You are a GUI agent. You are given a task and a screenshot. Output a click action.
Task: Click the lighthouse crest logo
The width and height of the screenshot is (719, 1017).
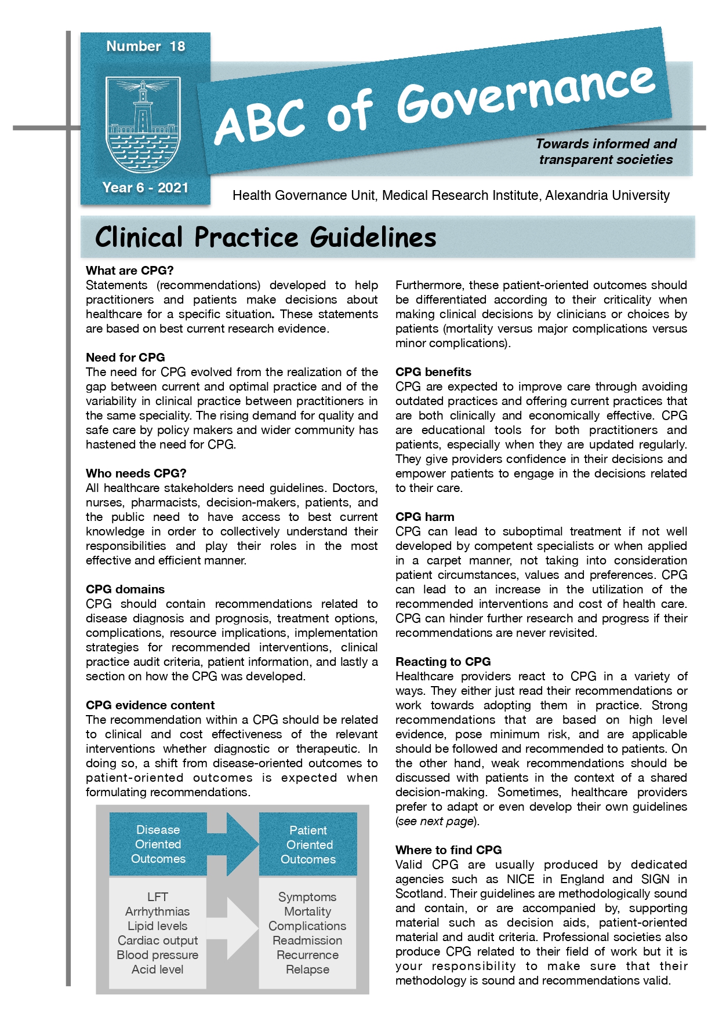coord(143,125)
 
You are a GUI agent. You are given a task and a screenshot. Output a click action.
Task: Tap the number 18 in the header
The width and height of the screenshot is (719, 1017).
coord(177,46)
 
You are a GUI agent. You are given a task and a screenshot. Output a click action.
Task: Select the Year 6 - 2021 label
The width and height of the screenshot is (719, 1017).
coord(145,188)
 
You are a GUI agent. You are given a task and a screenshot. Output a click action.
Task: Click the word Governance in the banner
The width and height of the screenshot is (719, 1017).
coord(525,96)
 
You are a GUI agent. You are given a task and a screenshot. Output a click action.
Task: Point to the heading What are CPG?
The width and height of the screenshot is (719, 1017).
coord(129,271)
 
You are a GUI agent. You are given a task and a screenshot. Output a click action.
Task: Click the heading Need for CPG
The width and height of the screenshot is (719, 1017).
coord(125,358)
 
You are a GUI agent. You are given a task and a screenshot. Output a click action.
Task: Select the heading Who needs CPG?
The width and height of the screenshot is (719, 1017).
coord(136,473)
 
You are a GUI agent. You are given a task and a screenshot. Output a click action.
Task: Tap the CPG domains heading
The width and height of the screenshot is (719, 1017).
coord(125,589)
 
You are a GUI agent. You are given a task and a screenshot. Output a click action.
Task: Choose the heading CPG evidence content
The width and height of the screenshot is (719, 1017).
coord(150,705)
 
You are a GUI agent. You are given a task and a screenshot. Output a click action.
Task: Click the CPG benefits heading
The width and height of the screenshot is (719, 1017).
coord(433,372)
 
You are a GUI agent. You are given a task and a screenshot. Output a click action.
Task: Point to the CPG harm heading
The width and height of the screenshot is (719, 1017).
coord(424,517)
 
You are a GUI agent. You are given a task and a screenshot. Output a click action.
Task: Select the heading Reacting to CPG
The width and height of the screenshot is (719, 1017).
coord(443,662)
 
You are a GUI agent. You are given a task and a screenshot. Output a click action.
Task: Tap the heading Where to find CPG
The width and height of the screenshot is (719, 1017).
coord(448,850)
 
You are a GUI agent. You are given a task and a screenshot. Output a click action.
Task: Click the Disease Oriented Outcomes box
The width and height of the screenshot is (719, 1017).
coord(158,844)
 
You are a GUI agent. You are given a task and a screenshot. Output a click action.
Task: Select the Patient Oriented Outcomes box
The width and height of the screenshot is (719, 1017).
coord(308,845)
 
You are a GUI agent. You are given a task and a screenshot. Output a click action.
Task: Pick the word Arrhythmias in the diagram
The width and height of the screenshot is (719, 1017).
coord(157,912)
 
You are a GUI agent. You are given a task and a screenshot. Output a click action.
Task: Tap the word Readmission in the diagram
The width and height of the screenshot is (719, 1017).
coord(307,941)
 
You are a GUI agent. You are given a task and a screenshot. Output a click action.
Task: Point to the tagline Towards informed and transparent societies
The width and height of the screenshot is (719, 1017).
coord(606,151)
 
